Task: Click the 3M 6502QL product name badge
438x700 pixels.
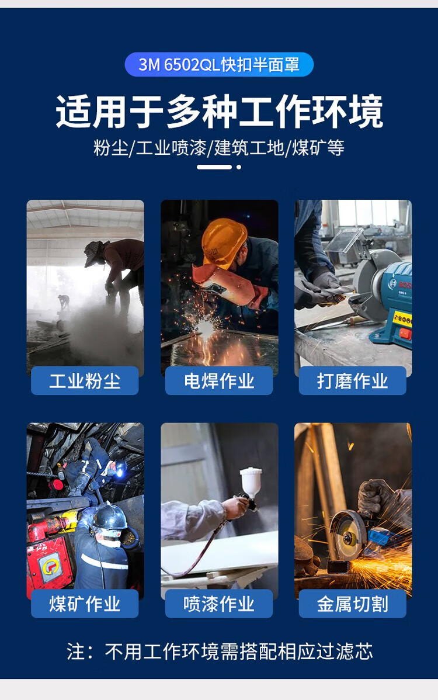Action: pyautogui.click(x=219, y=65)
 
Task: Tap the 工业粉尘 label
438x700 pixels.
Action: pyautogui.click(x=85, y=381)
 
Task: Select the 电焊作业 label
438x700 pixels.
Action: pyautogui.click(x=219, y=381)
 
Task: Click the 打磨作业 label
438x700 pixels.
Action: pyautogui.click(x=352, y=381)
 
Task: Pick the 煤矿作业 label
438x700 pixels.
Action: pyautogui.click(x=85, y=604)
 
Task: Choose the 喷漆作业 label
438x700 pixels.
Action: pyautogui.click(x=219, y=604)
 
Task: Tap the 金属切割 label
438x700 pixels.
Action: pyautogui.click(x=352, y=604)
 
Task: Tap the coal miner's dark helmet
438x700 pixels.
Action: pyautogui.click(x=110, y=517)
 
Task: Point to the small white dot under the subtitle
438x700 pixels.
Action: pyautogui.click(x=239, y=167)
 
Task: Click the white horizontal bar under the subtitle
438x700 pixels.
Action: pyautogui.click(x=214, y=167)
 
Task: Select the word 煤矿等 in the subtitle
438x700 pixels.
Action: pyautogui.click(x=318, y=148)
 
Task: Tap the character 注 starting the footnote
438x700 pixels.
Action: pyautogui.click(x=75, y=652)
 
